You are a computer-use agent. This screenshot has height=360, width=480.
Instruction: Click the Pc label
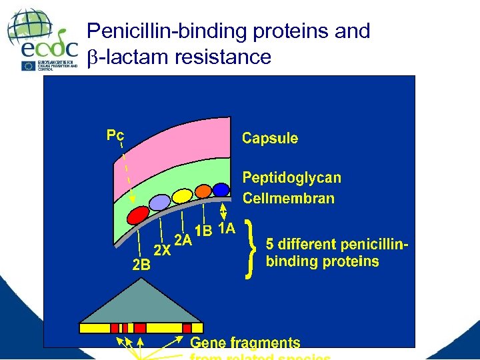click(115, 135)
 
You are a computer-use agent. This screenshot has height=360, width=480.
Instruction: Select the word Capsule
click(270, 139)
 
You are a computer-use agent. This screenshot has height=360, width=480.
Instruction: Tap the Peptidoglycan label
click(291, 178)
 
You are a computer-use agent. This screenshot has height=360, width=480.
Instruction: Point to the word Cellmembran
click(289, 198)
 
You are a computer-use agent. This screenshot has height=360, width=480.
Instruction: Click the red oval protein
click(137, 215)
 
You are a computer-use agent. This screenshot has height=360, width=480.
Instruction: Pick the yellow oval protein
click(181, 195)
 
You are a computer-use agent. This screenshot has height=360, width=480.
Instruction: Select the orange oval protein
click(203, 191)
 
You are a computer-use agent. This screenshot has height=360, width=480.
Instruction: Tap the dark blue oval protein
click(221, 189)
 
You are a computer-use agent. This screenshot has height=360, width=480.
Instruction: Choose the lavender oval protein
click(159, 202)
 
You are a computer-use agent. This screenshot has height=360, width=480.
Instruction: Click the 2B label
click(141, 265)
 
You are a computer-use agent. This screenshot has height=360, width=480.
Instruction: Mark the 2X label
click(162, 251)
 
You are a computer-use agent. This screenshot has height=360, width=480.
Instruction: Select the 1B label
click(203, 231)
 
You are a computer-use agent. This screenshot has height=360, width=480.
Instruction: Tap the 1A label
click(226, 228)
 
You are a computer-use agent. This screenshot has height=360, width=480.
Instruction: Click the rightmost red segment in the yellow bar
click(187, 328)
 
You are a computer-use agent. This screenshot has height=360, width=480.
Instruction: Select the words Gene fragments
click(245, 343)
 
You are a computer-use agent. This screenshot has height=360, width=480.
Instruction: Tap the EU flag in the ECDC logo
click(29, 65)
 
